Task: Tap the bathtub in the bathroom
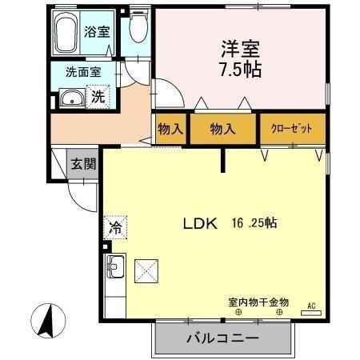click(69, 32)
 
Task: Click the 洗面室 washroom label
click(82, 71)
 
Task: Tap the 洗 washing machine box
click(96, 98)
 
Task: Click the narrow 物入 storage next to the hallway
click(170, 129)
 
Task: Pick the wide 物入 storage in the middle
click(223, 129)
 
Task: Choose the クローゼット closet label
click(293, 129)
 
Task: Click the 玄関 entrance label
click(82, 166)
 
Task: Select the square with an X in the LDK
click(146, 271)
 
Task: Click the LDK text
click(201, 224)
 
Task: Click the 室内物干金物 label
click(258, 302)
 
